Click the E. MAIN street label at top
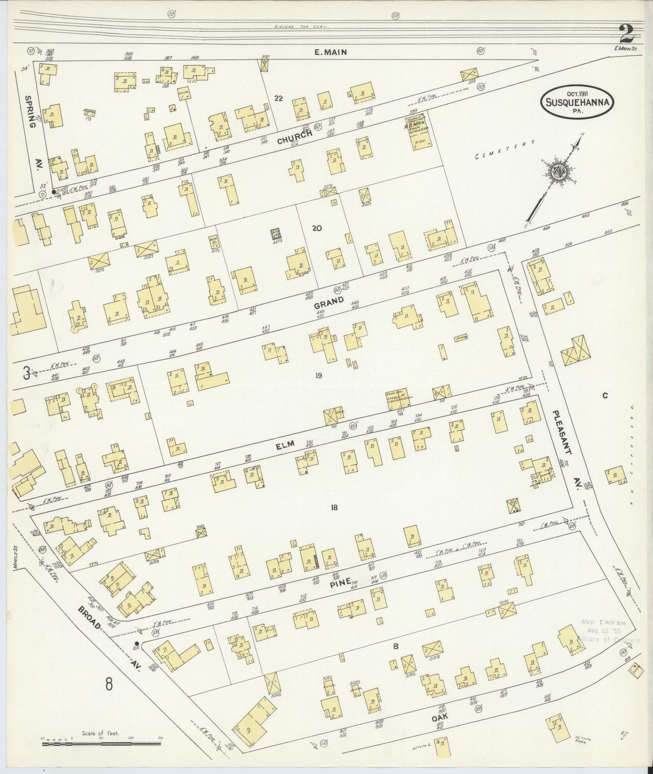330,52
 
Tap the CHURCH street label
295,137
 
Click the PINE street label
338,583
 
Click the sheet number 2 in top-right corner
627,34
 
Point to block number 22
279,98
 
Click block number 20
317,228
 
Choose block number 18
334,508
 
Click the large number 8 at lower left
109,683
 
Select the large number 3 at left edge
26,372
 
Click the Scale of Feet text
100,734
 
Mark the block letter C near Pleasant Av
605,396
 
